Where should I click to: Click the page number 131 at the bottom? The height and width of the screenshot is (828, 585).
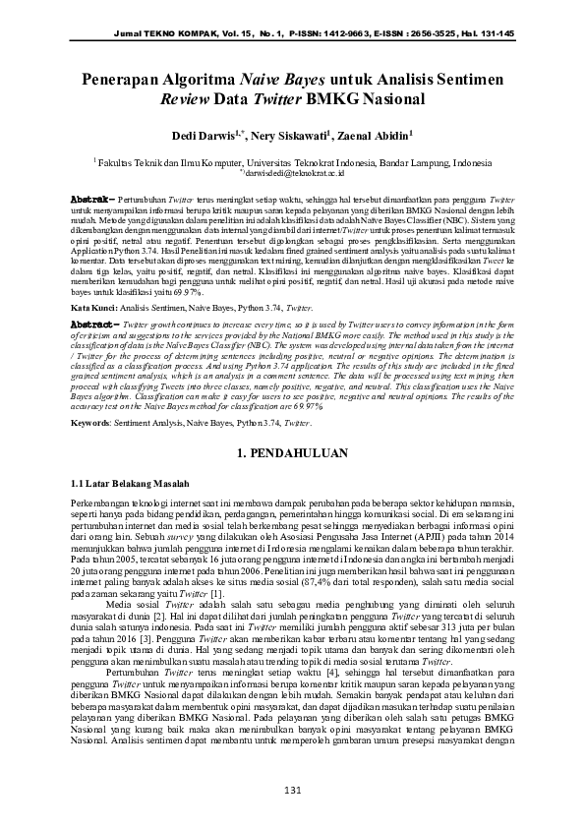point(292,793)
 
